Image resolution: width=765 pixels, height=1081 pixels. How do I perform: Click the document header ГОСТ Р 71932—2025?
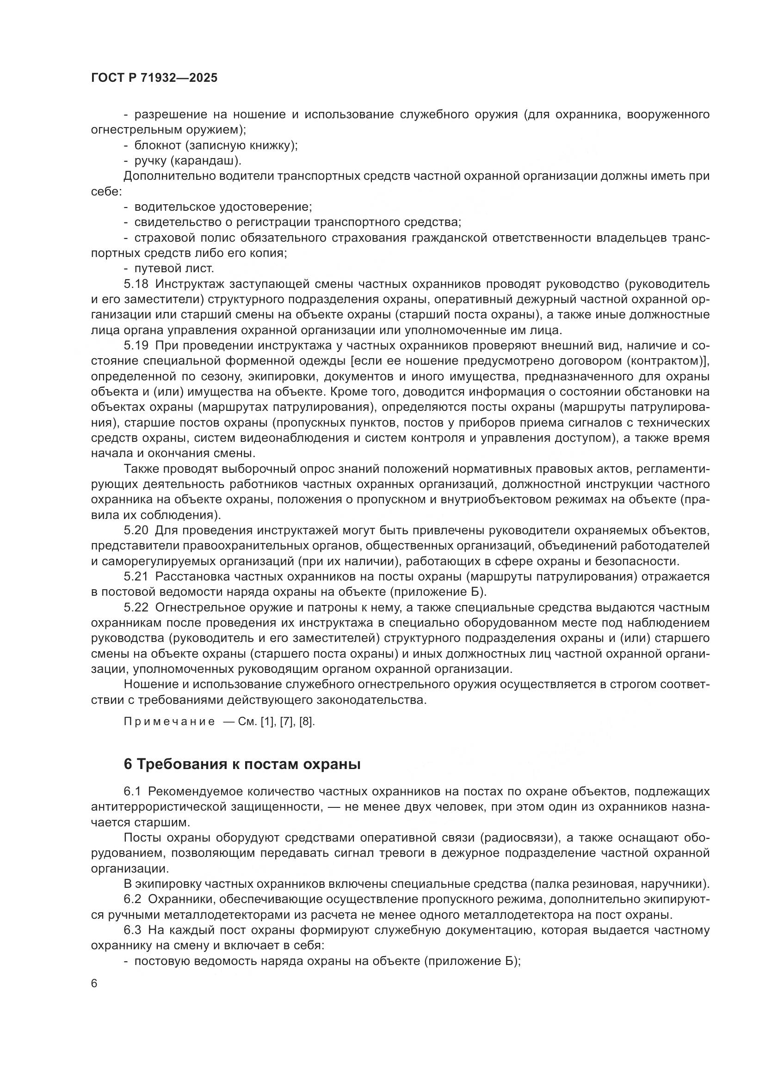[154, 78]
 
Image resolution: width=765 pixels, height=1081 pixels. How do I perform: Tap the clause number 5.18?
[136, 284]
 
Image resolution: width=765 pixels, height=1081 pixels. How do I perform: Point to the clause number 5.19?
[136, 346]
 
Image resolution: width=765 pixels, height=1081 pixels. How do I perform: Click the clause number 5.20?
[136, 531]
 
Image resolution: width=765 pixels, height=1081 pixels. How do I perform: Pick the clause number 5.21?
[136, 577]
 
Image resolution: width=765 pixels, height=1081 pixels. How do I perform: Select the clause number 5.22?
[136, 608]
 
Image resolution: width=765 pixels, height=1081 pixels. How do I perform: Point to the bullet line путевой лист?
[174, 269]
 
